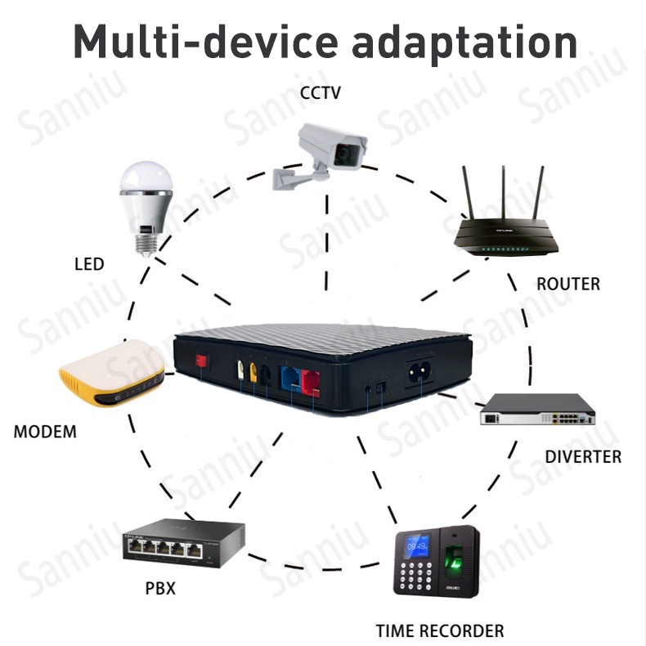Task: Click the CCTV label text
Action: click(321, 93)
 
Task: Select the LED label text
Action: click(89, 264)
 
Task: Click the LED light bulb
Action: click(146, 204)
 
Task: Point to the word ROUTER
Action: click(567, 285)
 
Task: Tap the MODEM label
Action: click(45, 432)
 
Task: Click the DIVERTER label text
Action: click(583, 457)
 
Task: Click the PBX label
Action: click(160, 588)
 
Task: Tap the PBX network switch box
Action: click(172, 544)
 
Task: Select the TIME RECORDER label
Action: click(440, 631)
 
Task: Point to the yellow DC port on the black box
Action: click(253, 373)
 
